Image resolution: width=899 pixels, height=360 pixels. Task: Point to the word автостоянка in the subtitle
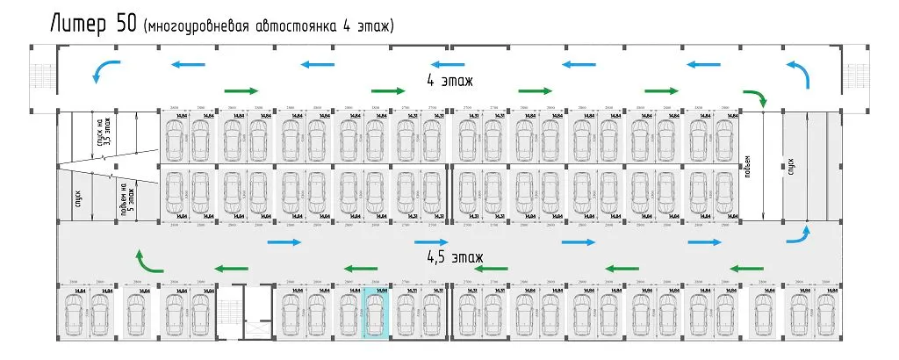pyautogui.click(x=296, y=27)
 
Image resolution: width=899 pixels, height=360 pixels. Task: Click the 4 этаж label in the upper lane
pyautogui.click(x=449, y=82)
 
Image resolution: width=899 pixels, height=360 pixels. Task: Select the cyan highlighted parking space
pyautogui.click(x=376, y=313)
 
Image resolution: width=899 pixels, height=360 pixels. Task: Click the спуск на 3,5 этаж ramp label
pyautogui.click(x=101, y=137)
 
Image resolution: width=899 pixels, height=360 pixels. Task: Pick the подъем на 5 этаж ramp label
pyautogui.click(x=128, y=197)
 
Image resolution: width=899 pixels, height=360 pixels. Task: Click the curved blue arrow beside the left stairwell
pyautogui.click(x=104, y=69)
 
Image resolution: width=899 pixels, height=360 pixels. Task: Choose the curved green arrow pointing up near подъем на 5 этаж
pyautogui.click(x=147, y=261)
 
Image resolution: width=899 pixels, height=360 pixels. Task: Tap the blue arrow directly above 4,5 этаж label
pyautogui.click(x=432, y=241)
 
